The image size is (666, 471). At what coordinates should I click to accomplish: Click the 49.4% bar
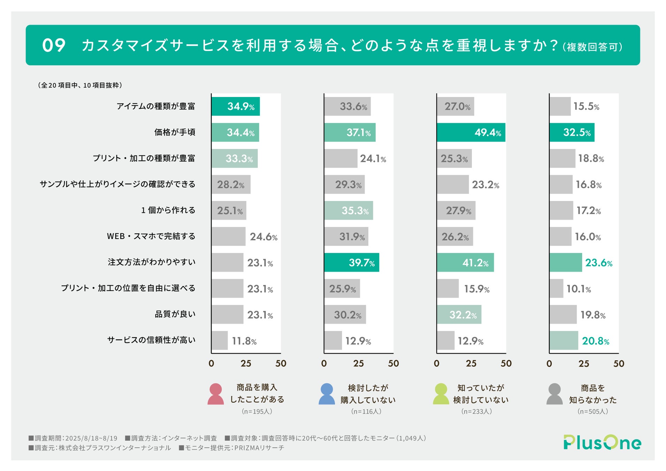470,132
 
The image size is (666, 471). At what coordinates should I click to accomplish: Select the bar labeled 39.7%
351,262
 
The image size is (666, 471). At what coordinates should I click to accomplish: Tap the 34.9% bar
235,106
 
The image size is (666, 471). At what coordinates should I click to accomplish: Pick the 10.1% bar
556,288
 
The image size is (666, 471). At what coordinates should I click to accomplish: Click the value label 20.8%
595,341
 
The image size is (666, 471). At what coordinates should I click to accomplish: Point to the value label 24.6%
263,237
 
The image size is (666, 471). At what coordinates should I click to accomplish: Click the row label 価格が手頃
175,132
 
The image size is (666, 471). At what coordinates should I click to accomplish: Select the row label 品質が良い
175,314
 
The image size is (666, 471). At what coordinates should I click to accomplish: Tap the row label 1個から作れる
168,210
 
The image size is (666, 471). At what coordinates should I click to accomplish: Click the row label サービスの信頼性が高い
151,340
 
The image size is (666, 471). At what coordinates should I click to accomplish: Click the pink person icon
216,394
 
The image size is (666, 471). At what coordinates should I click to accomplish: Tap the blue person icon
327,394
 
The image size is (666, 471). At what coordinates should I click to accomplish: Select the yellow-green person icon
441,394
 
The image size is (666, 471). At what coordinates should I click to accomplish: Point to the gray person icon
554,394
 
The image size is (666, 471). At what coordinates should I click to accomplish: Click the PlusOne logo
602,442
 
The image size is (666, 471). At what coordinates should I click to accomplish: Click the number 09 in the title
54,45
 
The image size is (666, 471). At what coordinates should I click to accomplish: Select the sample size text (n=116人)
366,411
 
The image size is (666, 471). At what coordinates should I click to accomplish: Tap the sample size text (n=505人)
592,411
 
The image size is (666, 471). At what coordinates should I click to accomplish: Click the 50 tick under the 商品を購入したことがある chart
281,364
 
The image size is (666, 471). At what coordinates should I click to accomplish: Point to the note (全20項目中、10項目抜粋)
80,85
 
